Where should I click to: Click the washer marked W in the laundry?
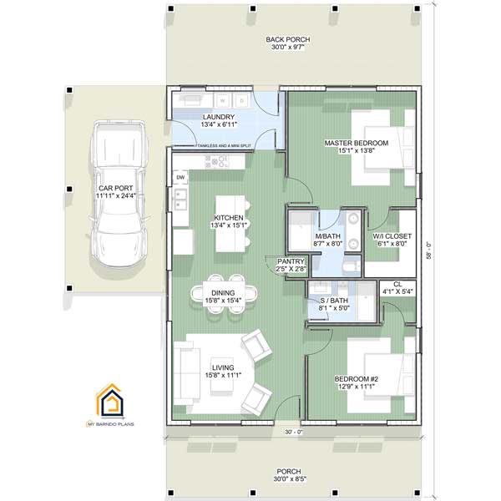[x=223, y=99]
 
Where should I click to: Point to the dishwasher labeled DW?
[x=180, y=178]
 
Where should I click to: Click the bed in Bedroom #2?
[x=377, y=370]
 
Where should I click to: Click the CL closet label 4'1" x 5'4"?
[x=397, y=289]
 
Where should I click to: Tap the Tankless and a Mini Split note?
[x=235, y=146]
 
